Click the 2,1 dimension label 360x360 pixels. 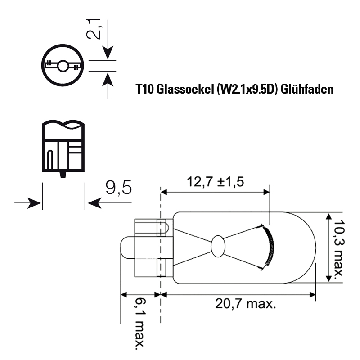point(94,29)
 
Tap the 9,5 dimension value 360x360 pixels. point(119,188)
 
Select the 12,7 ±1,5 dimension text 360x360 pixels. point(215,182)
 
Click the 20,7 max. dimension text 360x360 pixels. point(246,303)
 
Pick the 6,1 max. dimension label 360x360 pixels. point(139,324)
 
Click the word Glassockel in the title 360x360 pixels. point(185,89)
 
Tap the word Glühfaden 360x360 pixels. point(307,89)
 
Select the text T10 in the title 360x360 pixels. point(144,89)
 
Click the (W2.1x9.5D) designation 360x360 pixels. point(247,89)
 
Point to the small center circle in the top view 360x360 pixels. point(63,66)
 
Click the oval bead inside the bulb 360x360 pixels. point(218,246)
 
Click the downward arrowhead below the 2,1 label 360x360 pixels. point(108,53)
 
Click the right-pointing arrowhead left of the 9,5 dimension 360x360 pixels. point(35,203)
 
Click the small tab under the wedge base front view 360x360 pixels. point(63,175)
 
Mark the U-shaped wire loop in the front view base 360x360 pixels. point(50,160)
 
